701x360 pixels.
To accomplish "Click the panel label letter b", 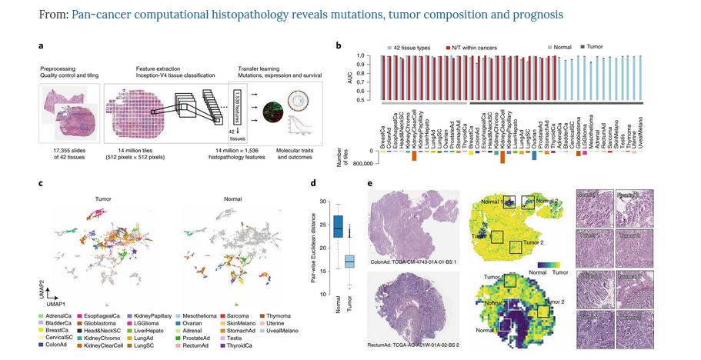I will (x=338, y=47).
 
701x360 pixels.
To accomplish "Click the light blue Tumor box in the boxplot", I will (x=349, y=262).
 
